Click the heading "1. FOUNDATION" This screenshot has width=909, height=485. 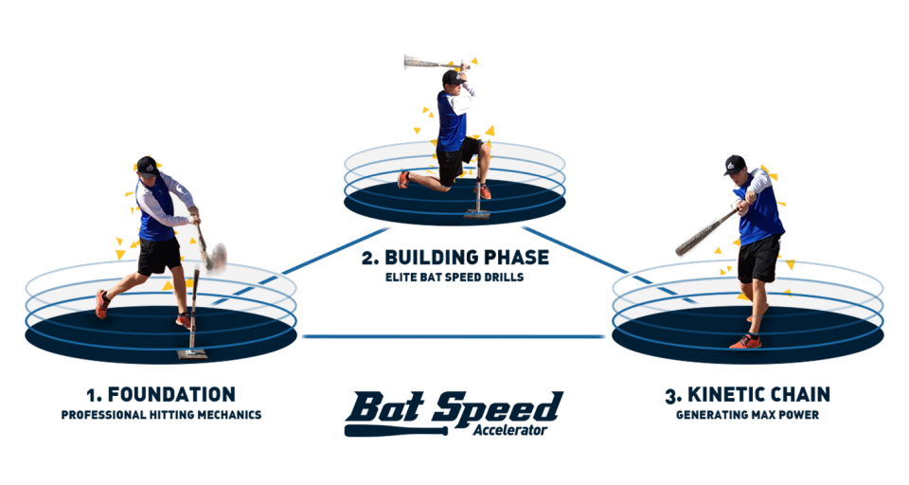(x=160, y=394)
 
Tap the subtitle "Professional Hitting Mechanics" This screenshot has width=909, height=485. (x=160, y=415)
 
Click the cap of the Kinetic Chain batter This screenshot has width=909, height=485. (x=735, y=164)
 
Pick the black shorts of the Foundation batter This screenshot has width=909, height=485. (x=158, y=255)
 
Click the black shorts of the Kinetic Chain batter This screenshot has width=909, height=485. (x=759, y=259)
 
